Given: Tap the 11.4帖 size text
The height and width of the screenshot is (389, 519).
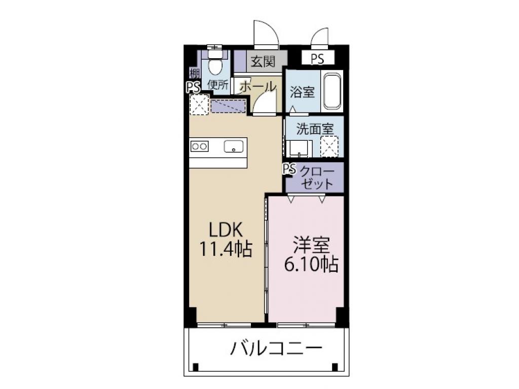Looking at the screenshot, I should pyautogui.click(x=227, y=249).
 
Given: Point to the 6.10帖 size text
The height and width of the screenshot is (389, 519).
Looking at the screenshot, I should pyautogui.click(x=311, y=264).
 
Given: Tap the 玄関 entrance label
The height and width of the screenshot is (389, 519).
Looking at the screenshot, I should pyautogui.click(x=263, y=62).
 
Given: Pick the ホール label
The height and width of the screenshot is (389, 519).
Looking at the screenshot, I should pyautogui.click(x=257, y=86).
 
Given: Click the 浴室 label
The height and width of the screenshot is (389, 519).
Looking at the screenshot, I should pyautogui.click(x=302, y=93).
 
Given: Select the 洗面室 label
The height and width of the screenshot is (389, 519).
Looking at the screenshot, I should pyautogui.click(x=315, y=129).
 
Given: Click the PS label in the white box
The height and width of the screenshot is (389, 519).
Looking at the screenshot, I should pyautogui.click(x=317, y=59).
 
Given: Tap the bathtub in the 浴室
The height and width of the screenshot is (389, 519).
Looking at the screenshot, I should pyautogui.click(x=332, y=91).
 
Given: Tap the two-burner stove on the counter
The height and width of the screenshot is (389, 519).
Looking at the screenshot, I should pyautogui.click(x=199, y=146).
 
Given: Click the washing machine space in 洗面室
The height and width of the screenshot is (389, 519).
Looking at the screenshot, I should pyautogui.click(x=329, y=146).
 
